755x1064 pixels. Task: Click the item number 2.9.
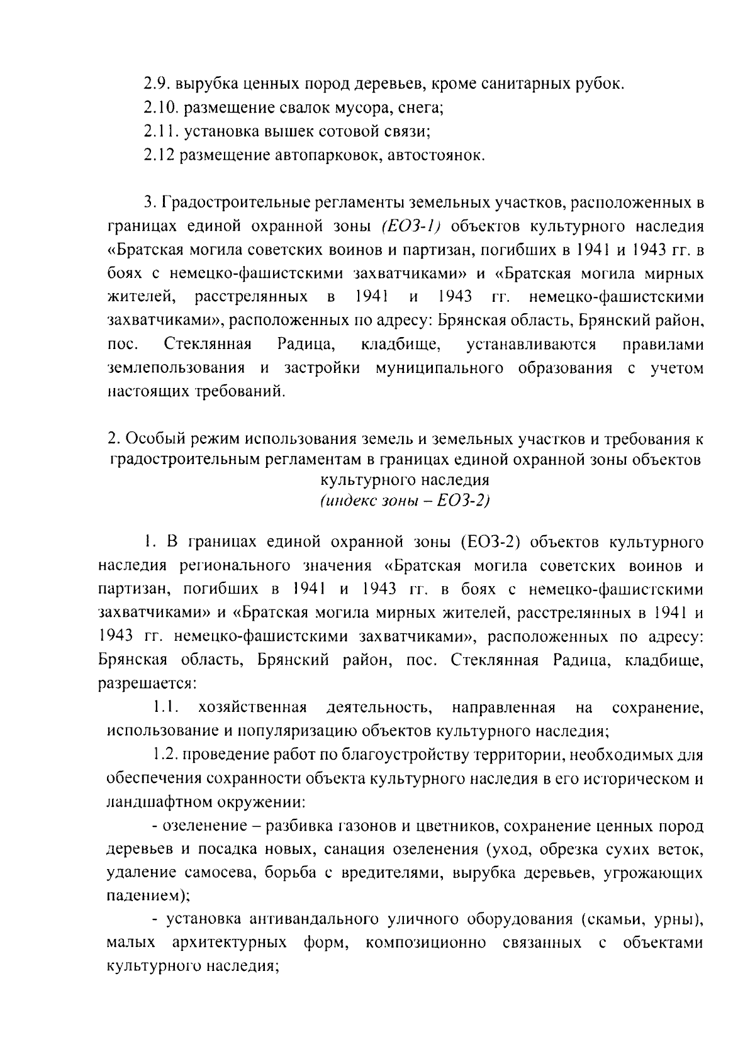156,84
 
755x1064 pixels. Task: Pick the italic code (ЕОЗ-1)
411,225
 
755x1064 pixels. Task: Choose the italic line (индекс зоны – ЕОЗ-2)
405,501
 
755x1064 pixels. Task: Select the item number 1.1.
166,708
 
